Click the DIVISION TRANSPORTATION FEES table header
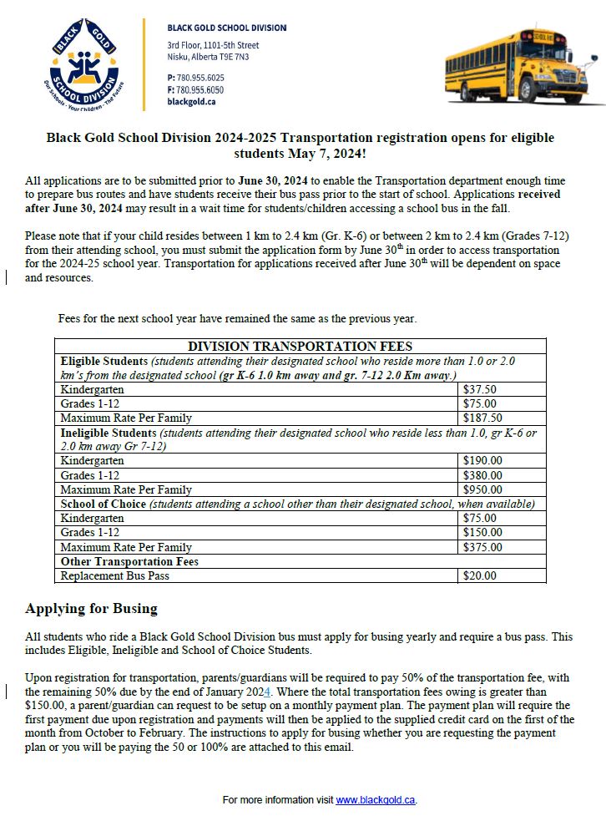click(x=300, y=346)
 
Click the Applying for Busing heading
click(x=91, y=608)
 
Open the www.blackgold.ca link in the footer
click(x=375, y=800)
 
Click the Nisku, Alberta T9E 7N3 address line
click(x=208, y=57)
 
